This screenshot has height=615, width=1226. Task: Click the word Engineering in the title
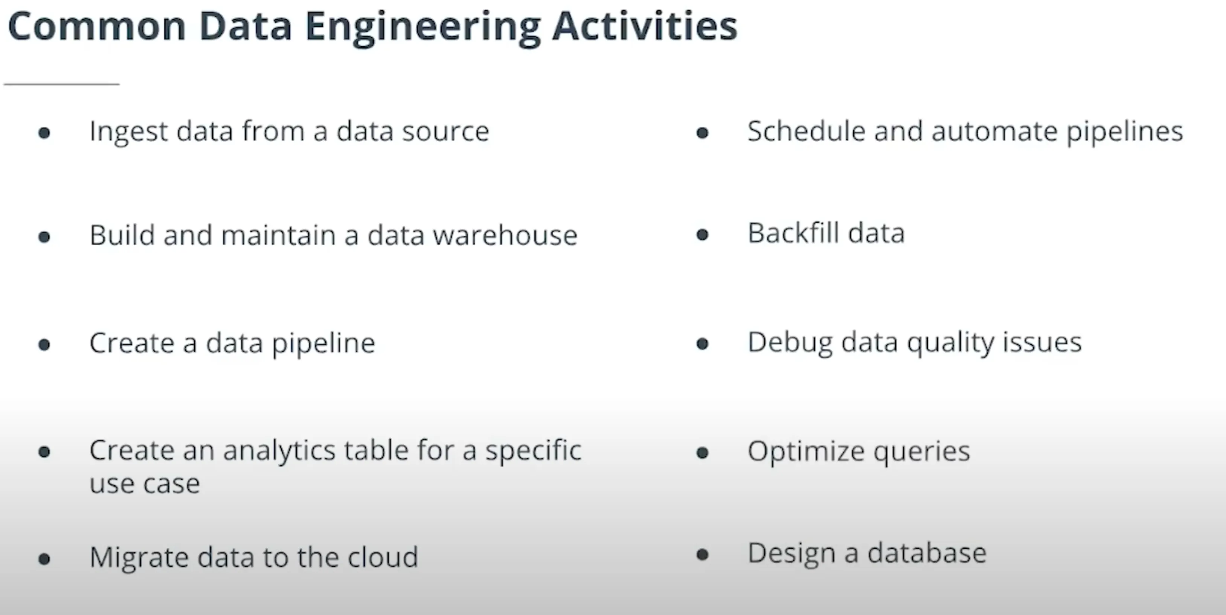tap(422, 28)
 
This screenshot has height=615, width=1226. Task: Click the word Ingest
tap(128, 132)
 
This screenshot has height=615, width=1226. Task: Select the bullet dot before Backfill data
tap(702, 234)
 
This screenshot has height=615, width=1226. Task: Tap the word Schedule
tap(806, 131)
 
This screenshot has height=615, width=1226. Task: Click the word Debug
tap(790, 343)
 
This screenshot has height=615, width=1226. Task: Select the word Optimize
tap(806, 451)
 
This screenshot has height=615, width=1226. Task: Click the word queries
tap(921, 451)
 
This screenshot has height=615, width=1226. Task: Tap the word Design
tap(791, 554)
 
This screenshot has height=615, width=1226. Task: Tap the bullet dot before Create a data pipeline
tap(44, 344)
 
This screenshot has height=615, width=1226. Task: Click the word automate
tap(994, 132)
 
